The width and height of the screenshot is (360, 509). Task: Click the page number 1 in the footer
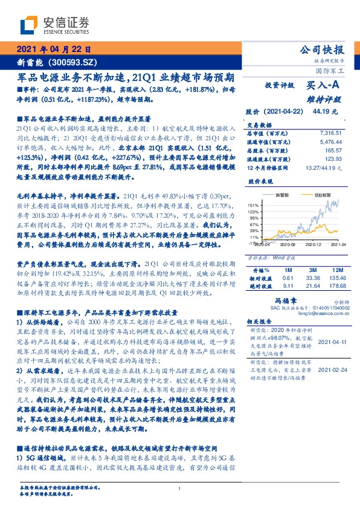point(179,488)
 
